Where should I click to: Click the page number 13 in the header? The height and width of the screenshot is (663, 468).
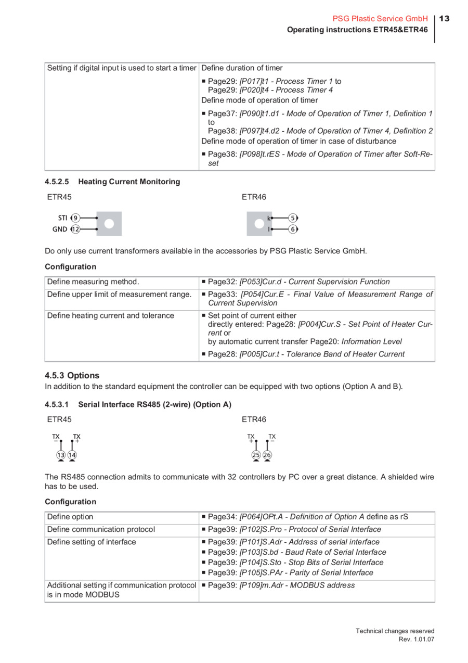444,19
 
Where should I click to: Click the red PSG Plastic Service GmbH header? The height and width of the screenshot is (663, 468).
380,19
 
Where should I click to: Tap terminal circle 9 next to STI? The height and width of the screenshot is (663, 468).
76,218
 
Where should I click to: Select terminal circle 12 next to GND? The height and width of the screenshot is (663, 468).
75,229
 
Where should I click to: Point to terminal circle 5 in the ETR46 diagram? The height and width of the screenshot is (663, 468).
293,218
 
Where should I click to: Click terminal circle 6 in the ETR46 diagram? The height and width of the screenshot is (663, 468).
293,229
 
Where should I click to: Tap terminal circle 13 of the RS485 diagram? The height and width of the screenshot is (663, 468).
61,455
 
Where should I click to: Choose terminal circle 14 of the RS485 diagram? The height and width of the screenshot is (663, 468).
72,455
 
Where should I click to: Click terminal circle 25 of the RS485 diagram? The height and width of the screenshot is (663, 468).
256,455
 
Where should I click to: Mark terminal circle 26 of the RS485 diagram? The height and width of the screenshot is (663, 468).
267,455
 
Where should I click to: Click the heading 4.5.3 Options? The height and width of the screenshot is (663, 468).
72,375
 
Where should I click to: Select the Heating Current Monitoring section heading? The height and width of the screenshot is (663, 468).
129,182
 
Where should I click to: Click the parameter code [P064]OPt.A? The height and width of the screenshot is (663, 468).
262,517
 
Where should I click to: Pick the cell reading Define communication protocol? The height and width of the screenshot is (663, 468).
101,529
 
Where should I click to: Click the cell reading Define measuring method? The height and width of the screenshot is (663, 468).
93,282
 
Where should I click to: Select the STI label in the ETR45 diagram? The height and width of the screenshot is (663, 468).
62,218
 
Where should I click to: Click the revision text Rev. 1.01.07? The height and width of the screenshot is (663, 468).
416,639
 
